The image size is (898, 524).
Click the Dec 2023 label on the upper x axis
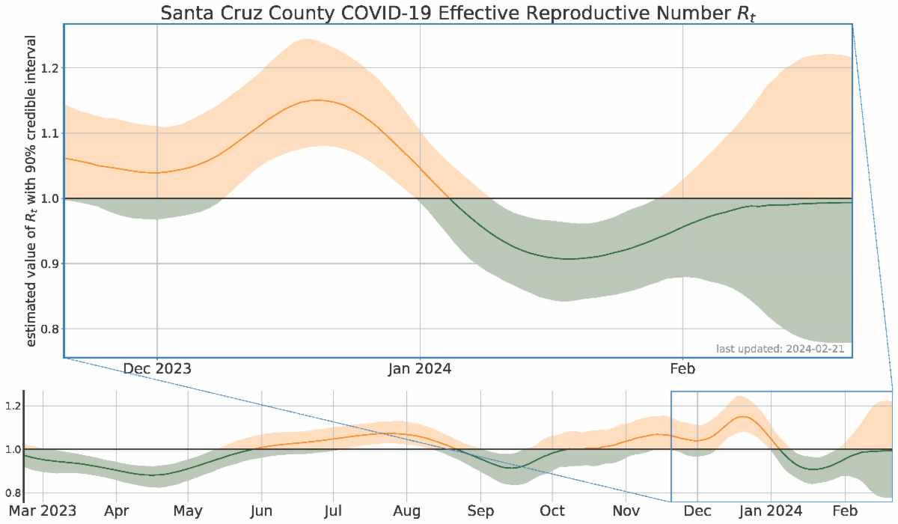pyautogui.click(x=157, y=369)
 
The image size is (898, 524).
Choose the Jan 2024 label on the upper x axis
pyautogui.click(x=421, y=369)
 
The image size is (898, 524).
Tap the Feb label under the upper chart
pyautogui.click(x=683, y=369)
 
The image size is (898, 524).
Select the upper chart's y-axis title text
pyautogui.click(x=31, y=191)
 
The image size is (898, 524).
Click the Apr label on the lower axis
pyautogui.click(x=116, y=510)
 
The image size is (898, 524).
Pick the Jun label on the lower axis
pyautogui.click(x=261, y=510)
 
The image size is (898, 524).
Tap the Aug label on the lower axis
pyautogui.click(x=406, y=510)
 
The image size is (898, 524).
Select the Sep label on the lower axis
pyautogui.click(x=480, y=510)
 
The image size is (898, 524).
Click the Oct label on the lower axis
pyautogui.click(x=552, y=510)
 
